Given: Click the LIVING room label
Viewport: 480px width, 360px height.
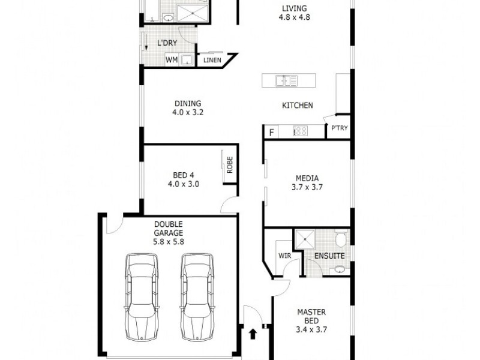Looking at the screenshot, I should (294, 8).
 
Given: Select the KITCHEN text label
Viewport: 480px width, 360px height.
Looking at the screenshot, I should (298, 106).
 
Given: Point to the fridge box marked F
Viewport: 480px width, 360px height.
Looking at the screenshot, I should (271, 132).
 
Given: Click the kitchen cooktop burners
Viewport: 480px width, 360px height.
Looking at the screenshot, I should (300, 130).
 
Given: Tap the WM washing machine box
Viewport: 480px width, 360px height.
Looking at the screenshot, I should (172, 59).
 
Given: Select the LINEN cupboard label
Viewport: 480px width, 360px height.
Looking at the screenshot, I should (212, 60).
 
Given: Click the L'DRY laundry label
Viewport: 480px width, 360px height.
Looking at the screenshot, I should (167, 43).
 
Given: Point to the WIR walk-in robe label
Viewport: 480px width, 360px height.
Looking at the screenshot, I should (284, 256).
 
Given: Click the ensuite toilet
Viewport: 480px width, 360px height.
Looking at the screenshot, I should (340, 241).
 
